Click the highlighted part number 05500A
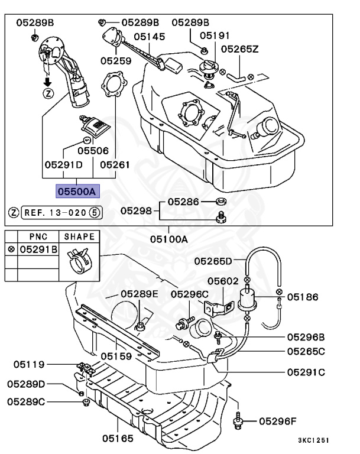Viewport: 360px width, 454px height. tap(77, 191)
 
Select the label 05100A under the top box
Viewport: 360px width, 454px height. tap(168, 239)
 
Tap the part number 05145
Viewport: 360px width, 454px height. tap(149, 37)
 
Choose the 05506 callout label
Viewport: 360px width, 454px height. tap(93, 151)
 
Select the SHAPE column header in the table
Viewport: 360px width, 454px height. tap(79, 235)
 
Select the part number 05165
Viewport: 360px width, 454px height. tap(117, 439)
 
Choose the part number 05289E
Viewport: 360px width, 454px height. tap(140, 294)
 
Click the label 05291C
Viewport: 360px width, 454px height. tap(307, 372)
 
